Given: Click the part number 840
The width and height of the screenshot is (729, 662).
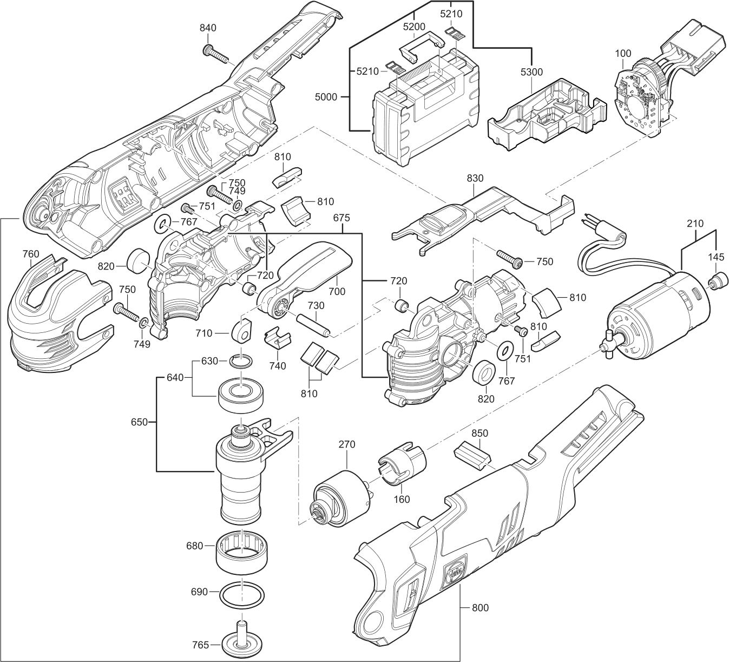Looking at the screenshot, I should (208, 28).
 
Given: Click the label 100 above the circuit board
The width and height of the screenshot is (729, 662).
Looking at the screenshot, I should (623, 54).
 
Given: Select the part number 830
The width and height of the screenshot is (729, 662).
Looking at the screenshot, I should (474, 179).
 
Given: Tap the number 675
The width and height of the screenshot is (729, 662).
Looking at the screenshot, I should (341, 218).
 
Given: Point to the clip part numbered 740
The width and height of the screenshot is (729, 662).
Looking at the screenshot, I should (277, 340).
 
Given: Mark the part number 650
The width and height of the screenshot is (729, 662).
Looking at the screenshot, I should (139, 422).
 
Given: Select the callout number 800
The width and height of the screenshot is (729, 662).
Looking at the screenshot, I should (480, 608).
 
